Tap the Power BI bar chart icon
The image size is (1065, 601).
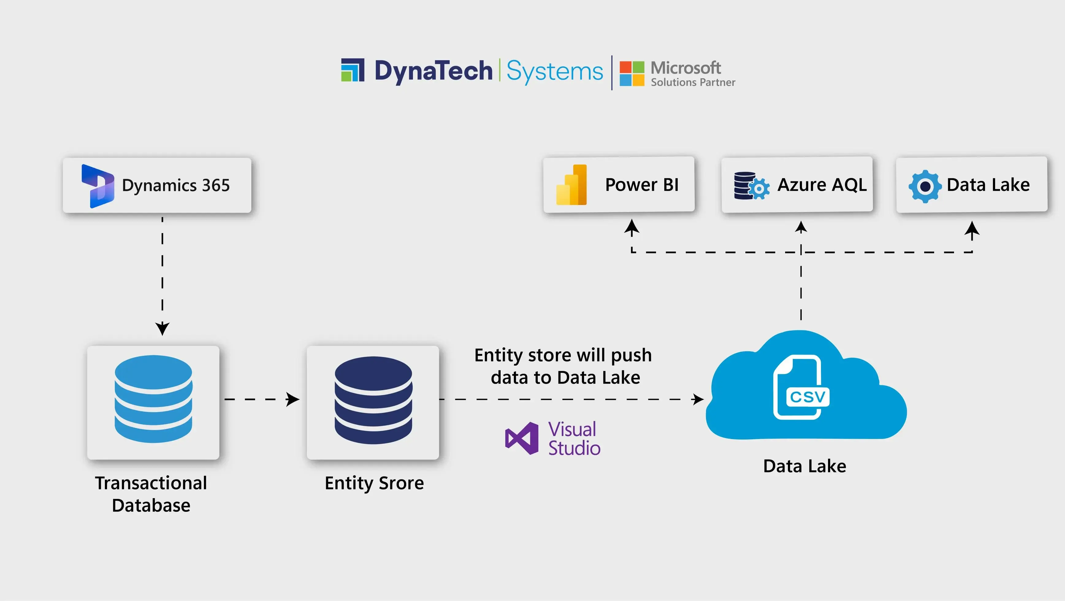coord(571,185)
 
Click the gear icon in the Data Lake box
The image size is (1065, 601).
coord(925,186)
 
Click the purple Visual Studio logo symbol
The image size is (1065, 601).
coord(522,438)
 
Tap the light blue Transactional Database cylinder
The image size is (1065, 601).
coord(153,399)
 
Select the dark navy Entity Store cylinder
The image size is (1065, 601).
coord(373,400)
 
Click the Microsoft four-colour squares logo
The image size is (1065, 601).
coord(632,74)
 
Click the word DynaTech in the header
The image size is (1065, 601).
coord(433,71)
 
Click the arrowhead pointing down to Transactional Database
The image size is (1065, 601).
coord(162,329)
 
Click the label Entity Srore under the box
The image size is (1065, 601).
coord(374,483)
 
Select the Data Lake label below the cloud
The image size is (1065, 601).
coord(804,466)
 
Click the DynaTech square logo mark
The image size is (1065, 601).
coord(353,70)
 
